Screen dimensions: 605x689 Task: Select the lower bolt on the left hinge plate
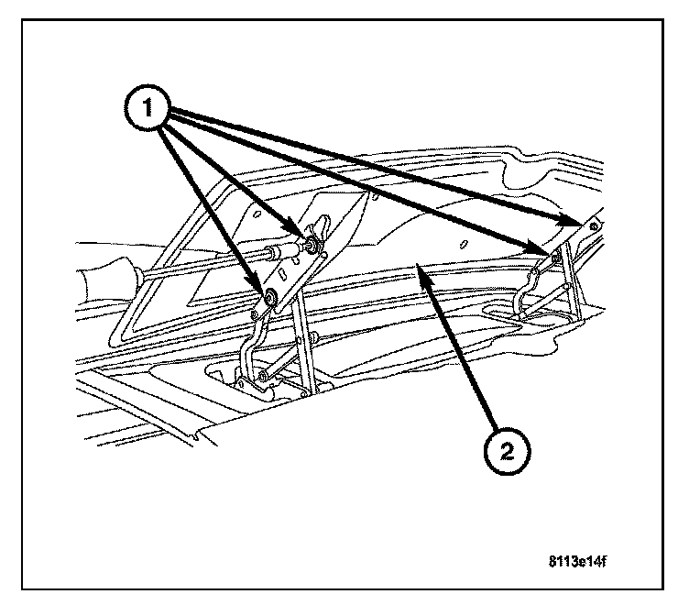tap(272, 297)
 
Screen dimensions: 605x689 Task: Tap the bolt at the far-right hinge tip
tap(594, 224)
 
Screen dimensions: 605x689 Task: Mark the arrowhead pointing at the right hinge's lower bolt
tap(541, 249)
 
